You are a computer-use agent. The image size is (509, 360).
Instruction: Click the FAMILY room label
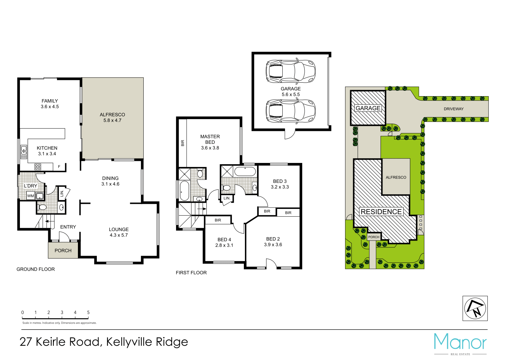(x=50, y=101)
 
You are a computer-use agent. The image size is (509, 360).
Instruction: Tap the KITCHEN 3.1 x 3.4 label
(x=47, y=151)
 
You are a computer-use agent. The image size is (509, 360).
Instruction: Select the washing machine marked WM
(x=31, y=196)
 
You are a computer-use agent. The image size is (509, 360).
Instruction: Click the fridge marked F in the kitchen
(x=59, y=167)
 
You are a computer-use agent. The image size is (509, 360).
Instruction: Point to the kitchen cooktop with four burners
(x=38, y=167)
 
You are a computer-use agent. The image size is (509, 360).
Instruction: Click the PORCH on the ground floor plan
(x=63, y=250)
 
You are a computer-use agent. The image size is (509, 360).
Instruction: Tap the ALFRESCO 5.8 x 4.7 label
(x=112, y=117)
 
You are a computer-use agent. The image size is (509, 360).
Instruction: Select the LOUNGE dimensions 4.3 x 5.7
(x=119, y=235)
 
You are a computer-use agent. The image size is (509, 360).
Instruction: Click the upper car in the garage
(x=290, y=71)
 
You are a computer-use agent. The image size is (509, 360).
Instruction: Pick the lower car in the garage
(x=290, y=111)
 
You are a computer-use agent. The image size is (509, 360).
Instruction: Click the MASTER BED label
(x=210, y=139)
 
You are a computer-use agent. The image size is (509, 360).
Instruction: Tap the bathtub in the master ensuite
(x=185, y=191)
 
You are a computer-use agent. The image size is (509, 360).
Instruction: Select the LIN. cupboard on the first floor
(x=227, y=198)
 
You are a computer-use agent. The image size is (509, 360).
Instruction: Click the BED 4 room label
(x=224, y=240)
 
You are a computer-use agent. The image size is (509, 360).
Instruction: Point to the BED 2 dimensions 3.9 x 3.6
(x=273, y=245)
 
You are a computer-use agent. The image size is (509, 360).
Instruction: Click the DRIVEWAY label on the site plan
(x=453, y=109)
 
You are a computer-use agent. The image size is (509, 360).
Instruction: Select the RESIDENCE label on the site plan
(x=381, y=212)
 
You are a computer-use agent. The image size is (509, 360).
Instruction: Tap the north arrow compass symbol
(x=475, y=308)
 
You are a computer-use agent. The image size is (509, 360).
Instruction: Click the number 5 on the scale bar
(x=88, y=312)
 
